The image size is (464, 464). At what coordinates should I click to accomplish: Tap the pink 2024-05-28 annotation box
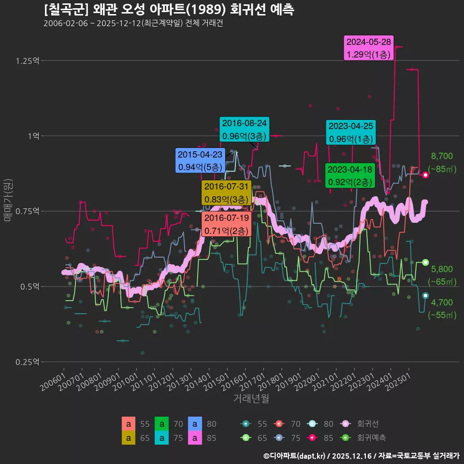coord(369,48)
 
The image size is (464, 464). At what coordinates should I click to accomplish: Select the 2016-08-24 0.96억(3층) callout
coord(244,130)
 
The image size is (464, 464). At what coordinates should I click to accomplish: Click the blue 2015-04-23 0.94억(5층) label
coord(200,161)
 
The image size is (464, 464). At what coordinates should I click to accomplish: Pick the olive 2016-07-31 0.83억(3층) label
coord(226,193)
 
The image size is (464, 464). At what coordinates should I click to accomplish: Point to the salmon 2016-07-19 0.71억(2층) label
coord(226,224)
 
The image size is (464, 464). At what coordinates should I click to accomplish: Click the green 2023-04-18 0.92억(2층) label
coord(350,176)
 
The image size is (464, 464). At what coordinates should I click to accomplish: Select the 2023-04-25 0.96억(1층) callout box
coord(350,132)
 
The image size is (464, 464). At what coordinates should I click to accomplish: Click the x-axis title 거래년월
coord(251,398)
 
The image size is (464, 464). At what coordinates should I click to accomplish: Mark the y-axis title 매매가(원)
coord(8,200)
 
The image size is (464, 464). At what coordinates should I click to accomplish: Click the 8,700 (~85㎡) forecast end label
coord(442,162)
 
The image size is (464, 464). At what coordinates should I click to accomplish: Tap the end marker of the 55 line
coord(425,295)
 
